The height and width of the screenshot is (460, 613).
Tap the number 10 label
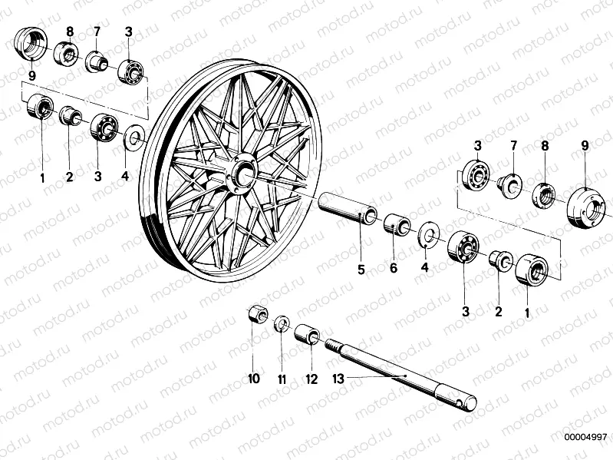point(254,378)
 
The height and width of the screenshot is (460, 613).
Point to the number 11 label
point(282,378)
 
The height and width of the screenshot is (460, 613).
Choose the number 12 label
point(311,378)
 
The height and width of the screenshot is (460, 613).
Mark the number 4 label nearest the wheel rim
point(126,176)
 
